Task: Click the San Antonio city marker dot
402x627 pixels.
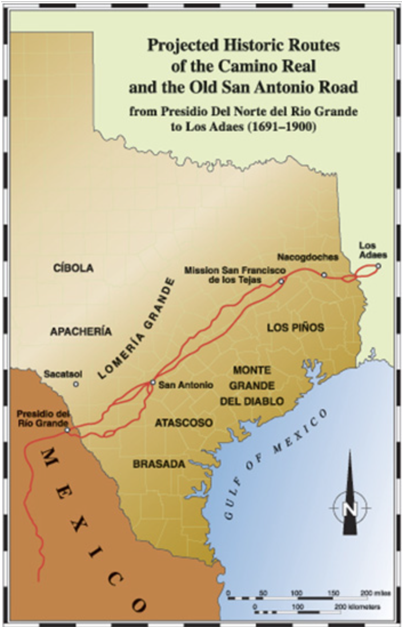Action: (152, 382)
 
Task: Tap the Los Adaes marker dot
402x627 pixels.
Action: (378, 266)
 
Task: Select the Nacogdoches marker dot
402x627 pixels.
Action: (324, 275)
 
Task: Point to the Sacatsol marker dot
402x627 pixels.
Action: (76, 384)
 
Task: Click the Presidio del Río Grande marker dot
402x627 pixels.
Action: (67, 429)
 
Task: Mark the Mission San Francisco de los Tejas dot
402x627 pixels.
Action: (281, 282)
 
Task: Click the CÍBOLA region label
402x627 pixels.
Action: (73, 268)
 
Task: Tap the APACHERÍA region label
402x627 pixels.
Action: (81, 331)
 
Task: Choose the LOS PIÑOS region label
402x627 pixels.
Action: (296, 328)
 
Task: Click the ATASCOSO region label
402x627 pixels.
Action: (184, 423)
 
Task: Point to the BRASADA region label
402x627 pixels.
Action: (159, 464)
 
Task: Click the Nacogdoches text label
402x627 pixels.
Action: (308, 257)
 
